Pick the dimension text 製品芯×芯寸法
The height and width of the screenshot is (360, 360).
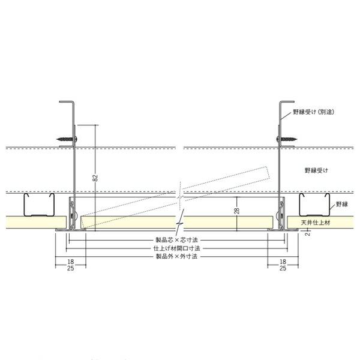(178, 239)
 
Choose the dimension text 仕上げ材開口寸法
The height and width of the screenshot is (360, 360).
(178, 247)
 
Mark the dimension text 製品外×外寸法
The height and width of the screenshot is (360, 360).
(178, 256)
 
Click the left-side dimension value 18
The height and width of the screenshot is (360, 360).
(70, 262)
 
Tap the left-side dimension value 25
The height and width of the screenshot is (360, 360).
(70, 269)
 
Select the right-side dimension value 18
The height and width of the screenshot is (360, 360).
(283, 262)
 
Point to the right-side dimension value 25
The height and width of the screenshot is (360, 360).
(283, 269)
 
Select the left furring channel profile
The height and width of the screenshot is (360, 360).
(37, 206)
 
